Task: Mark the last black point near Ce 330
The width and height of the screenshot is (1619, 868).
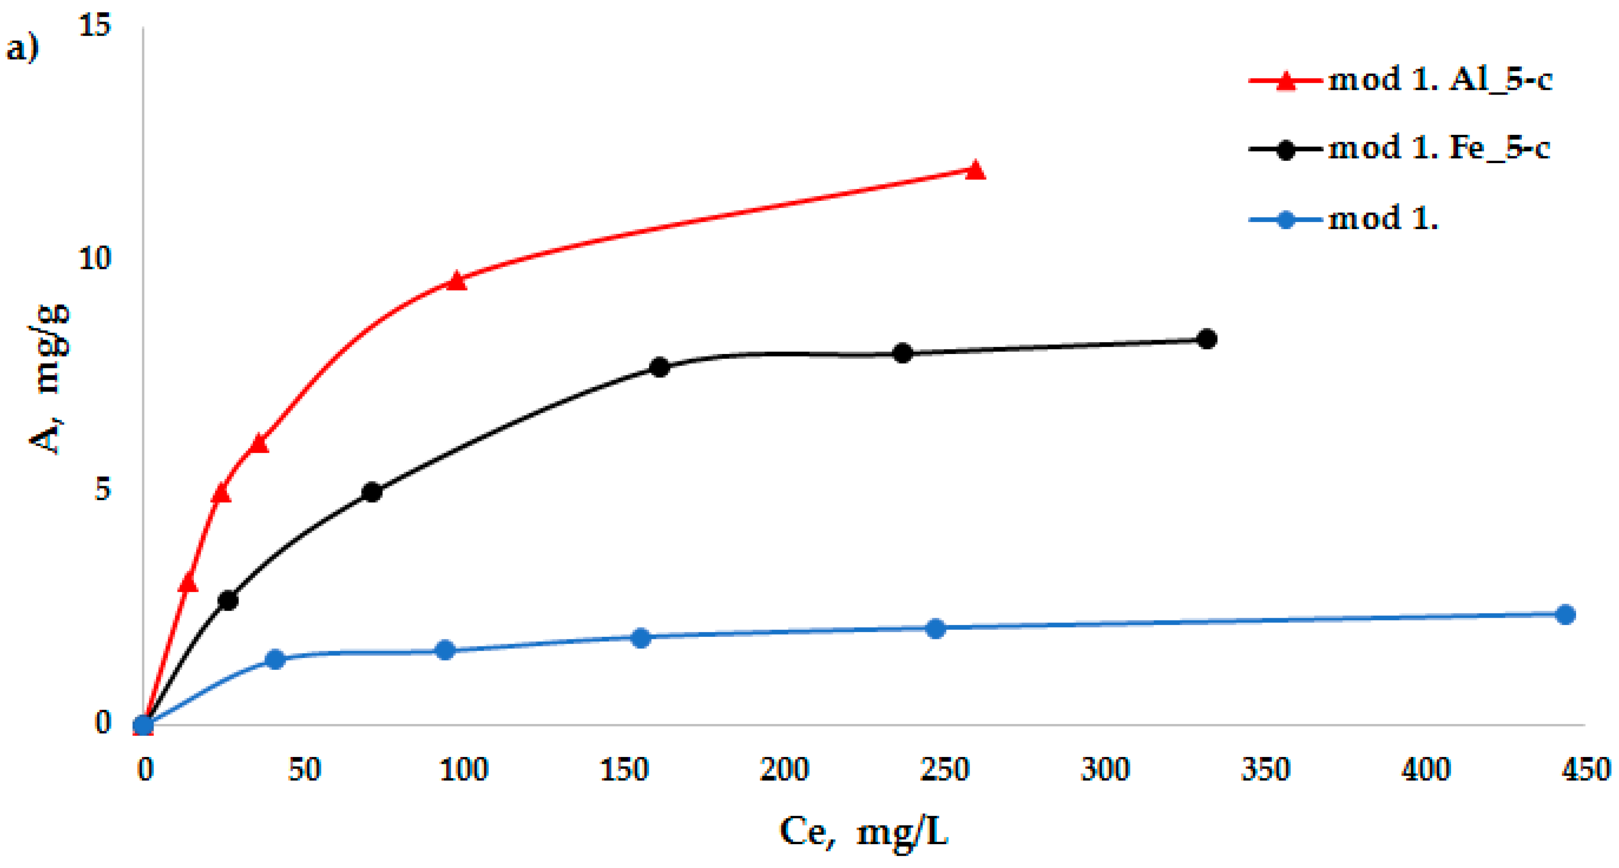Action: (x=1207, y=339)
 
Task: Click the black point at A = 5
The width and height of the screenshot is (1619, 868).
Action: (x=372, y=492)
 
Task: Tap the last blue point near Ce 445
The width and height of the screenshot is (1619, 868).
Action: (x=1565, y=615)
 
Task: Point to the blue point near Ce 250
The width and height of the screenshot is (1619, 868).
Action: (x=935, y=628)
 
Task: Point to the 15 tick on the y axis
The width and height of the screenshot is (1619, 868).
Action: (x=94, y=26)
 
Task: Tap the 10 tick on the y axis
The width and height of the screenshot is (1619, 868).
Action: (x=94, y=259)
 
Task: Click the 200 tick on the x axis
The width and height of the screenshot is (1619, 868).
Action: (x=784, y=770)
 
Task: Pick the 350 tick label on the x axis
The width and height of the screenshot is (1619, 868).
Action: (x=1265, y=770)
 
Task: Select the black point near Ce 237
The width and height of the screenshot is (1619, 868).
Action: (x=902, y=353)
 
